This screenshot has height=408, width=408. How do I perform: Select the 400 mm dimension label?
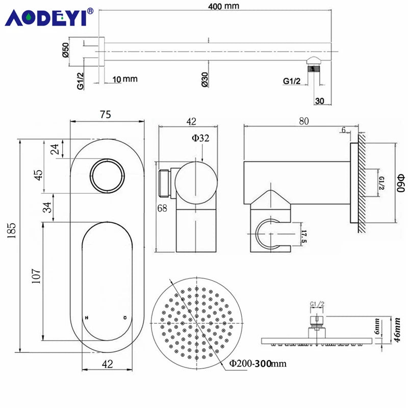point(223,6)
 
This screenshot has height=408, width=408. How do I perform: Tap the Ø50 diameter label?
point(66,49)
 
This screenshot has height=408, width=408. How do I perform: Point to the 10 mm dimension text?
point(125,79)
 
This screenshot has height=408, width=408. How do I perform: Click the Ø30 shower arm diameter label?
point(205,80)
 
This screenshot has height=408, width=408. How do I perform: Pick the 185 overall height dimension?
point(11,231)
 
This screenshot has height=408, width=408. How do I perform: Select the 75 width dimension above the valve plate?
point(106,114)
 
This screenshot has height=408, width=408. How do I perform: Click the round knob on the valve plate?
point(107,175)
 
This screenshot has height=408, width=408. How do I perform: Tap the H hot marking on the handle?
point(87,318)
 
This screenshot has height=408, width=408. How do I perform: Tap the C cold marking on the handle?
point(125,318)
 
